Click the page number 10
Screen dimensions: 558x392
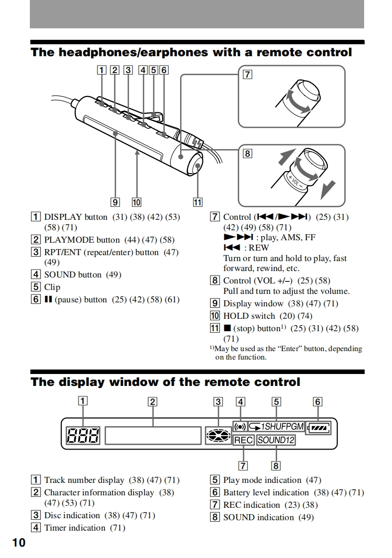[x=18, y=542]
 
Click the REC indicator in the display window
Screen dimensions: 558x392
[x=243, y=440]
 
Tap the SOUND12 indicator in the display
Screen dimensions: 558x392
[x=276, y=440]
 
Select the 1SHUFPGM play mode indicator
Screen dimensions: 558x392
[x=276, y=427]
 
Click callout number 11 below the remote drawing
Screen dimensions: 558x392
[x=198, y=202]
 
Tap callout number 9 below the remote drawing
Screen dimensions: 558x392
[x=115, y=202]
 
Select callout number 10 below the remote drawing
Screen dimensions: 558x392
[x=136, y=202]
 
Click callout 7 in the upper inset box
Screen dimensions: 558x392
[x=247, y=75]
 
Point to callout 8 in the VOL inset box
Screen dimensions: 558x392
[x=247, y=154]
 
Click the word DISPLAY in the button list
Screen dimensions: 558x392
[x=63, y=217]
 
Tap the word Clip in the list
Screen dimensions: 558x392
[x=52, y=287]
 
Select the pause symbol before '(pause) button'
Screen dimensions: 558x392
[x=48, y=300]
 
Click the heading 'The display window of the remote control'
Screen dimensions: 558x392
[x=166, y=382]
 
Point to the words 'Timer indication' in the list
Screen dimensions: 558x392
[x=75, y=528]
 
